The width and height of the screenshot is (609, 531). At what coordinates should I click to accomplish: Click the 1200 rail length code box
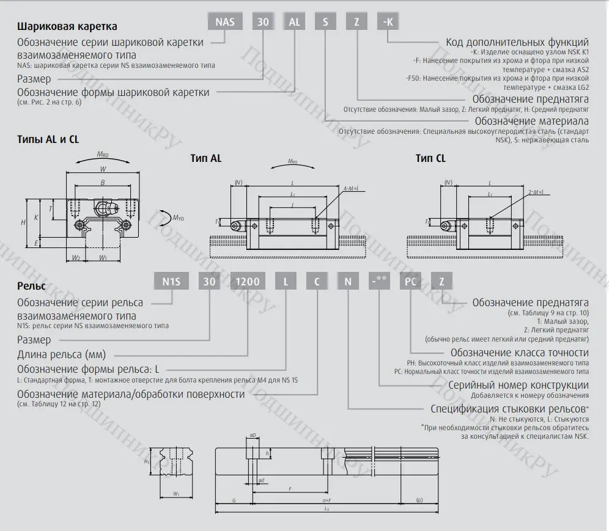(248, 282)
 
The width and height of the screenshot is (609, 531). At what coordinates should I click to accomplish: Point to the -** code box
(379, 282)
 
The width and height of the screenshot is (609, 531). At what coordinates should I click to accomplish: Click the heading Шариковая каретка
(67, 27)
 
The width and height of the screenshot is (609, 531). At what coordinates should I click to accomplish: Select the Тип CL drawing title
(430, 158)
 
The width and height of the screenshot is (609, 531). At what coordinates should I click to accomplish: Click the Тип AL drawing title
(206, 158)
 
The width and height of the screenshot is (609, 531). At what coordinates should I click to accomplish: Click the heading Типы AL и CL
(48, 139)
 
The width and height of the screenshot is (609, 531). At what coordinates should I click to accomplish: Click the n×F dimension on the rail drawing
(327, 500)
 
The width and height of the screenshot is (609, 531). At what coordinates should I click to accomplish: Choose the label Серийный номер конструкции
(519, 385)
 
